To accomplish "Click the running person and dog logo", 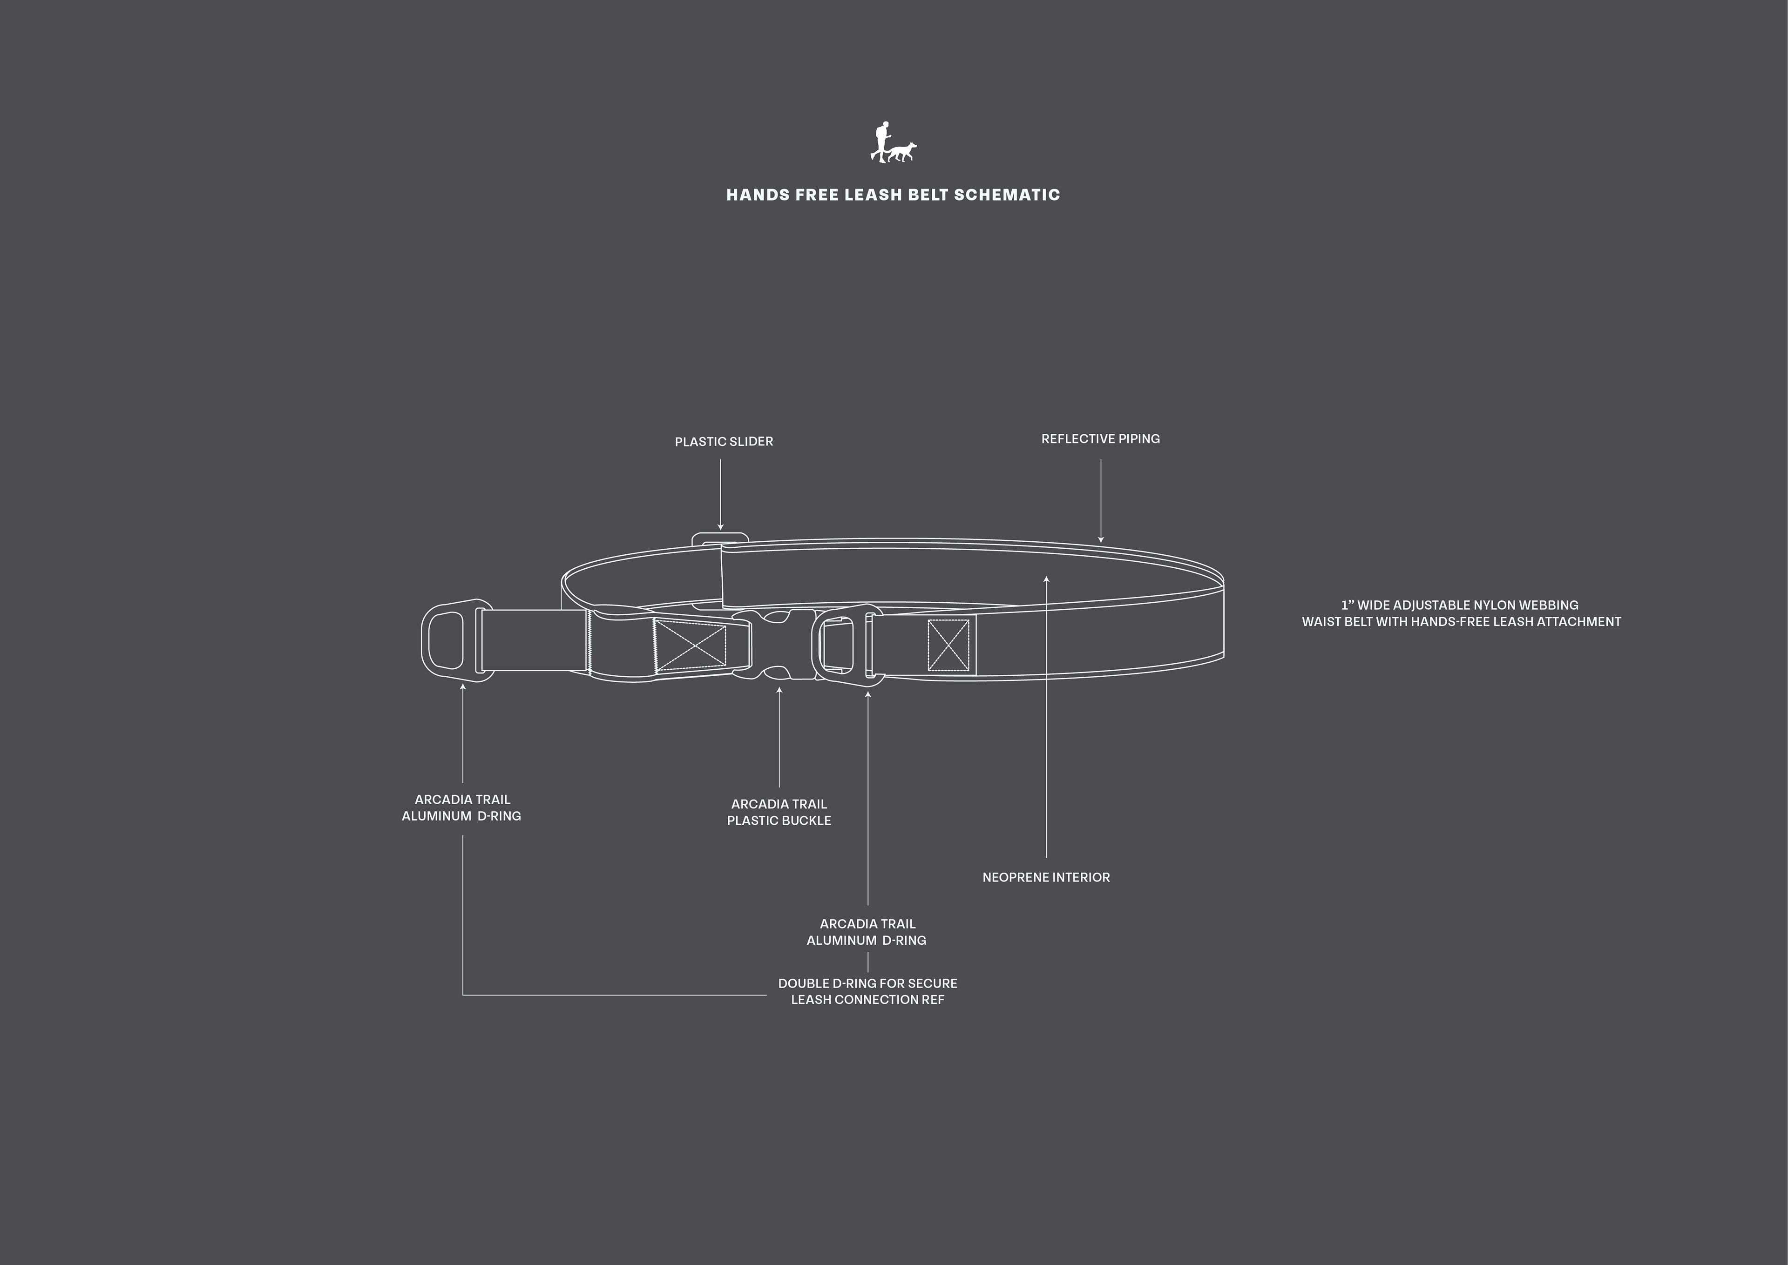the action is [x=893, y=142].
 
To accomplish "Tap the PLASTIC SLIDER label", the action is [x=724, y=442].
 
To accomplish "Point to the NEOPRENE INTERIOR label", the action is [x=1045, y=877].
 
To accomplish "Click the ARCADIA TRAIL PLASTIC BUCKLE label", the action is [x=779, y=812].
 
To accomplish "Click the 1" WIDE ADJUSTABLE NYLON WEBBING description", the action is [x=1461, y=613].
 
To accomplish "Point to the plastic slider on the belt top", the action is [x=720, y=538].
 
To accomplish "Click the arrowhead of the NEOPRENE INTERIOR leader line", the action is [x=1046, y=579].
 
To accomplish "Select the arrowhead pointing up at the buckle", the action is [x=779, y=690].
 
